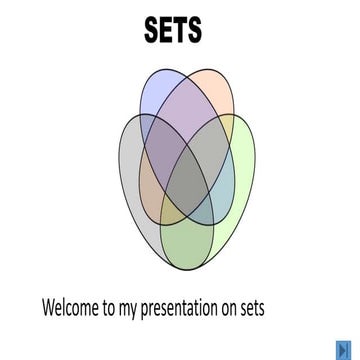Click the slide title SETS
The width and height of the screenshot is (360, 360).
pos(173,30)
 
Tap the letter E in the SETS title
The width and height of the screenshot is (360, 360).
pos(164,30)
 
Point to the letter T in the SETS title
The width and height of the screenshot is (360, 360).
pos(179,30)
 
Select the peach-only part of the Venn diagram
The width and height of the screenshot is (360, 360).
pos(213,88)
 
